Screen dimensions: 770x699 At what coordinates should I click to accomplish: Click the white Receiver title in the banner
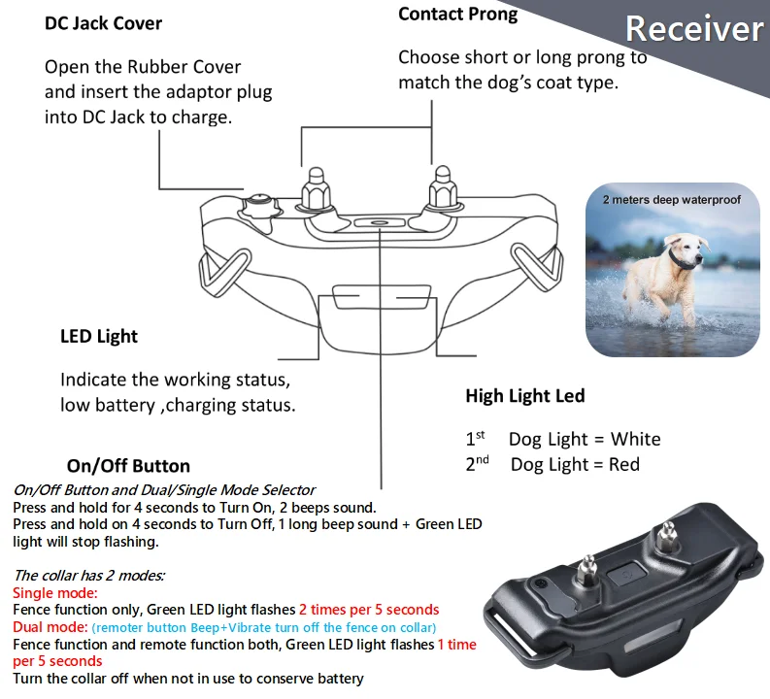point(693,28)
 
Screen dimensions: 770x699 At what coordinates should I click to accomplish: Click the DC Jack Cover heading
point(103,22)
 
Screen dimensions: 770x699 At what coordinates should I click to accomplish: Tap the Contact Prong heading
point(457,14)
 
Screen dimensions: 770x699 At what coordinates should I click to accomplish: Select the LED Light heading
point(99,336)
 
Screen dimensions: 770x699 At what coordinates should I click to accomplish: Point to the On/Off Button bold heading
point(128,466)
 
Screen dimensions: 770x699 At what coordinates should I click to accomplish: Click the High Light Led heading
point(524,395)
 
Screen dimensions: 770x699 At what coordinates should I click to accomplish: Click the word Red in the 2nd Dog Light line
point(623,464)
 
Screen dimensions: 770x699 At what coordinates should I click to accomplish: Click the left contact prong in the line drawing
point(315,188)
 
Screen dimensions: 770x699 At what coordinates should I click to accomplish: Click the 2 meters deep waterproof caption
point(671,200)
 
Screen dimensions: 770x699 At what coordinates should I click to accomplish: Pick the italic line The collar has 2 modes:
point(89,576)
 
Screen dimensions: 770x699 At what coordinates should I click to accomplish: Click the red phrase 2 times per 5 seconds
point(369,610)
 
